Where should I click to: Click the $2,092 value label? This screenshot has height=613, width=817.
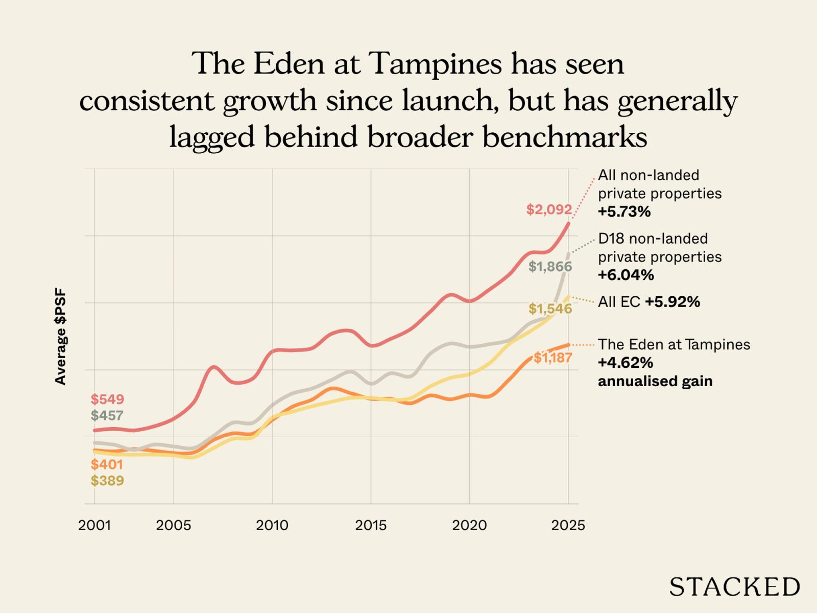[x=549, y=209]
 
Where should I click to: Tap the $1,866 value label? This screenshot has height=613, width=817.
[x=550, y=267]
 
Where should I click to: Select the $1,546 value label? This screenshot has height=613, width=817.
[x=550, y=309]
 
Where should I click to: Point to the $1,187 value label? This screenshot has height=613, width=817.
[x=553, y=358]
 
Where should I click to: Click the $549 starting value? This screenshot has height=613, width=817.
[x=107, y=399]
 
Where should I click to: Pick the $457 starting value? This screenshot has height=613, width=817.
[x=107, y=415]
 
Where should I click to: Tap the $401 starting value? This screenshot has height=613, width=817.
[x=107, y=464]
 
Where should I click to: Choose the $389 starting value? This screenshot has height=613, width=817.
[x=107, y=481]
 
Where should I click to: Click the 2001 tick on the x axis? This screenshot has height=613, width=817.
[x=94, y=525]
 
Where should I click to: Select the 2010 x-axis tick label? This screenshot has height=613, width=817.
[x=272, y=525]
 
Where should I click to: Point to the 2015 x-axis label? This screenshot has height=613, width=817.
[x=371, y=525]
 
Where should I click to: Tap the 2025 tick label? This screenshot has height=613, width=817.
[x=568, y=525]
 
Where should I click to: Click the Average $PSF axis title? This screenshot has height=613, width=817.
[x=61, y=337]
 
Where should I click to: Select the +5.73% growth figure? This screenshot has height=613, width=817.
[x=624, y=211]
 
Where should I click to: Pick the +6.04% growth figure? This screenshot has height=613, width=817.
[x=626, y=275]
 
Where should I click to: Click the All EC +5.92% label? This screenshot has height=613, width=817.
[x=648, y=302]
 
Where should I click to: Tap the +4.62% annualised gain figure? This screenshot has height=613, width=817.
[x=626, y=363]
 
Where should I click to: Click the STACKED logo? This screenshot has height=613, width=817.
[x=734, y=587]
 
